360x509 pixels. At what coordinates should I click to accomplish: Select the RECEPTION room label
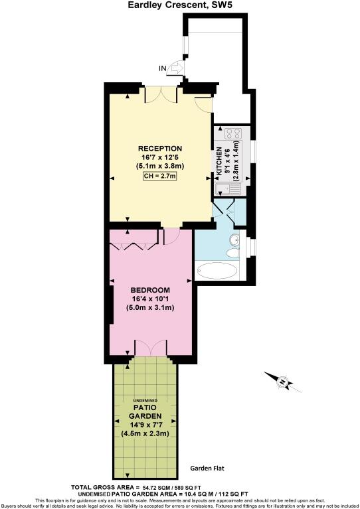(159, 148)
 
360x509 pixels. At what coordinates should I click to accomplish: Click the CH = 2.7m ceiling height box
(159, 177)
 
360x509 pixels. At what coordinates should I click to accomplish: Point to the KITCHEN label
(219, 163)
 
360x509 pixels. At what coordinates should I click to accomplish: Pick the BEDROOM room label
(149, 290)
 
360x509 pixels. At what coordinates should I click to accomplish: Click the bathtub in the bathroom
(218, 271)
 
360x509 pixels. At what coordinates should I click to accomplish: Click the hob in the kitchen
(232, 136)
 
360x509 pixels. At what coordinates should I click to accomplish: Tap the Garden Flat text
(208, 468)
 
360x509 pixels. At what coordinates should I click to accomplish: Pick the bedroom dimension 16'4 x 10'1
(149, 299)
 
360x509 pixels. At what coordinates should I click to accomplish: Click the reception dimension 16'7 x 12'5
(159, 157)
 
